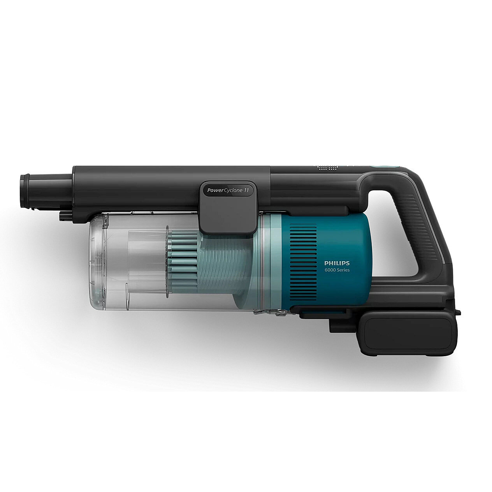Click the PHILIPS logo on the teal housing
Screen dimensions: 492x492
point(337,263)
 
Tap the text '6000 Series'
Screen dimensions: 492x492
point(337,270)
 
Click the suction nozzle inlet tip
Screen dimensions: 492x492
point(25,191)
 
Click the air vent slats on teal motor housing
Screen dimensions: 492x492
point(303,262)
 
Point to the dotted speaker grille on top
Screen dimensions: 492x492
point(328,168)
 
